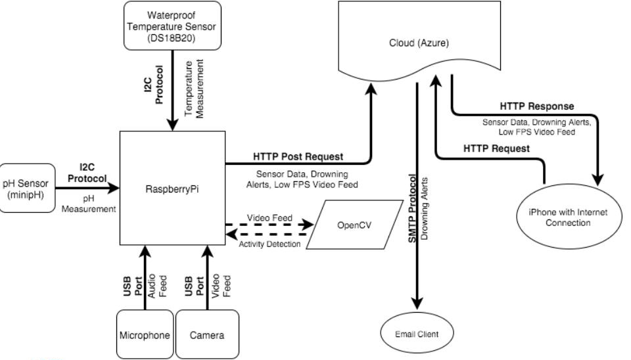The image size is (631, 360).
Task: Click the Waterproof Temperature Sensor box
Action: tap(172, 25)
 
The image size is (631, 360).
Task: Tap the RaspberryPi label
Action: tap(172, 187)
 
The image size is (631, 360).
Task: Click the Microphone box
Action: tap(145, 335)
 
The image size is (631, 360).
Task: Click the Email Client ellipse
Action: tap(418, 334)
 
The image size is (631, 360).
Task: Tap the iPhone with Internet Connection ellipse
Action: tap(567, 217)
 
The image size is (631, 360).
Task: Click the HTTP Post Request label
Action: tap(298, 156)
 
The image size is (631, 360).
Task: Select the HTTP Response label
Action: tap(536, 106)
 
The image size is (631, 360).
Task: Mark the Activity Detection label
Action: tap(269, 244)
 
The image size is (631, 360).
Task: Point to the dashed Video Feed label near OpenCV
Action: tap(268, 217)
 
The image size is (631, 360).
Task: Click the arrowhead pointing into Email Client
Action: tap(417, 302)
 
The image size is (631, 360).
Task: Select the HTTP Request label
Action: tap(496, 148)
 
